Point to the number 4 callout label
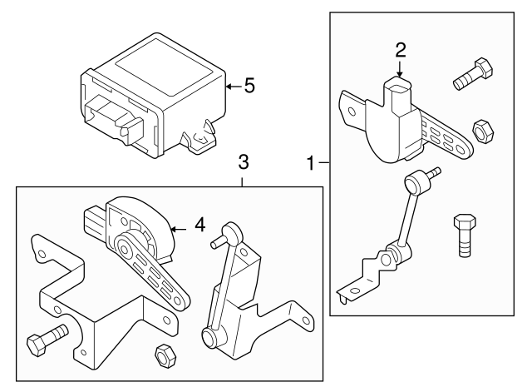199,224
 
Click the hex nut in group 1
480,131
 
